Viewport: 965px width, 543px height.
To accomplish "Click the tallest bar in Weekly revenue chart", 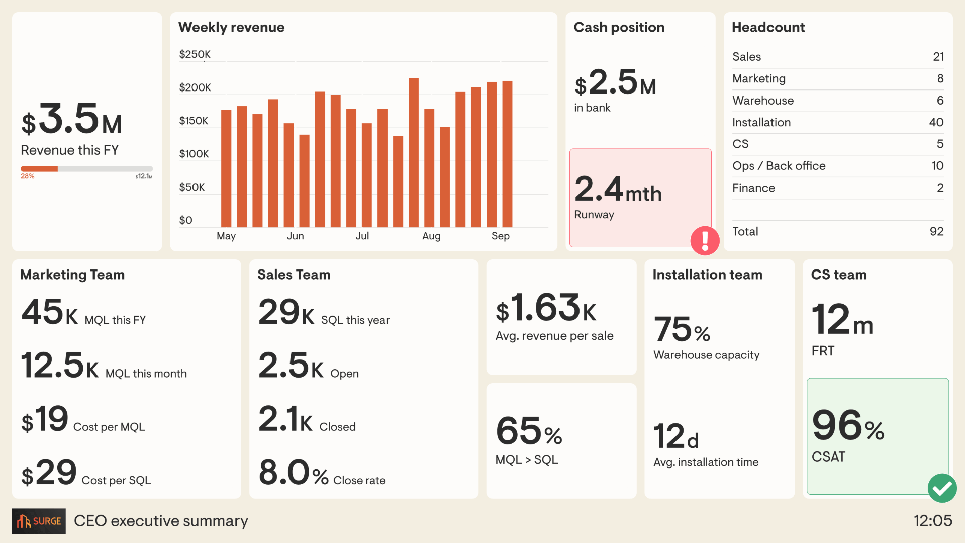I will pyautogui.click(x=413, y=152).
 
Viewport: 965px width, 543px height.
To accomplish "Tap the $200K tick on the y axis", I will pyautogui.click(x=195, y=87).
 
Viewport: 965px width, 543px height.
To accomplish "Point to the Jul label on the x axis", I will pyautogui.click(x=362, y=236).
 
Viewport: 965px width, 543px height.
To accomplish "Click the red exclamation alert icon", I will pyautogui.click(x=705, y=241).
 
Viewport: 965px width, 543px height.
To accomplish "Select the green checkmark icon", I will pyautogui.click(x=942, y=488).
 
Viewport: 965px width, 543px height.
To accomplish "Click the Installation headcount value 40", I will pyautogui.click(x=936, y=122).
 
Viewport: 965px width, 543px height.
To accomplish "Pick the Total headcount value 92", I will pyautogui.click(x=936, y=231).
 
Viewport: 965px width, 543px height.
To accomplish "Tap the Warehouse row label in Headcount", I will pyautogui.click(x=762, y=101).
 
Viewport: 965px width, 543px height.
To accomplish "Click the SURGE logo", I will pyautogui.click(x=39, y=521).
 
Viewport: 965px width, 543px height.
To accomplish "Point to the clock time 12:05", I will pyautogui.click(x=932, y=521).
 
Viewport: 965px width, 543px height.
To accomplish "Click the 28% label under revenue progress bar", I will pyautogui.click(x=27, y=176).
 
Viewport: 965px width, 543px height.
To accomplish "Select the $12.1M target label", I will pyautogui.click(x=144, y=176).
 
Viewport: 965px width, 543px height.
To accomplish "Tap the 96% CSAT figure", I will pyautogui.click(x=847, y=426).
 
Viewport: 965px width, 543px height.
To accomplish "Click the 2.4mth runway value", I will pyautogui.click(x=618, y=190).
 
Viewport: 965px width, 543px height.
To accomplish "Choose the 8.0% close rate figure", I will pyautogui.click(x=293, y=473).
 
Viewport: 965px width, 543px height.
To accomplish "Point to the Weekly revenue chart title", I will pyautogui.click(x=231, y=27).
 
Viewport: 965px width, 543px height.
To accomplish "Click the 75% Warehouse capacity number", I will pyautogui.click(x=682, y=330).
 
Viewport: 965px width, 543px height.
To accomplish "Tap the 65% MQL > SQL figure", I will pyautogui.click(x=528, y=432).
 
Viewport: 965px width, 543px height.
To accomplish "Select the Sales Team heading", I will pyautogui.click(x=294, y=275).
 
